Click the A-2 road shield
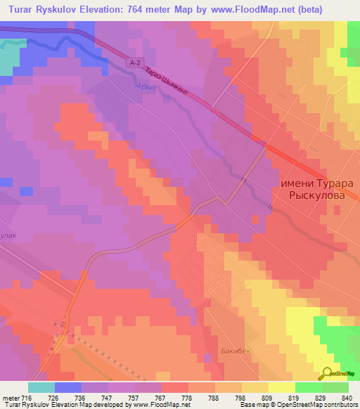click(136, 63)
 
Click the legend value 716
click(27, 398)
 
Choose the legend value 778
click(186, 398)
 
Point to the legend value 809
click(266, 398)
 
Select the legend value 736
click(79, 398)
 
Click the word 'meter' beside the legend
click(10, 398)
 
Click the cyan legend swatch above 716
click(41, 387)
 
